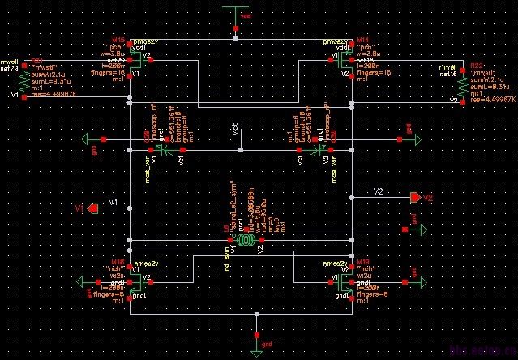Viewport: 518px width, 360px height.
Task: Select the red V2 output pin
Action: [x=416, y=198]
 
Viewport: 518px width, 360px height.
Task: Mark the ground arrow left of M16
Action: [x=80, y=282]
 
